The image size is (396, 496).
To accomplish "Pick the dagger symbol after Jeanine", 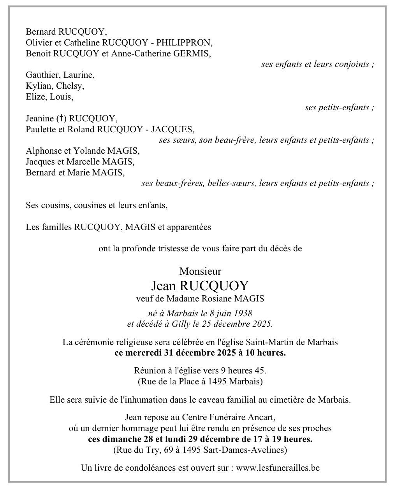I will [61, 118].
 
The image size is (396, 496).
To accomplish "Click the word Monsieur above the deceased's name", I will [200, 271].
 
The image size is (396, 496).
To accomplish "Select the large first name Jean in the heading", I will [164, 286].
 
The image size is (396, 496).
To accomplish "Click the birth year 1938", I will [242, 313].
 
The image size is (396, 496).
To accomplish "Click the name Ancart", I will [262, 417].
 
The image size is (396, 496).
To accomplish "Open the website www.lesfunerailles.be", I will [278, 468].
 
